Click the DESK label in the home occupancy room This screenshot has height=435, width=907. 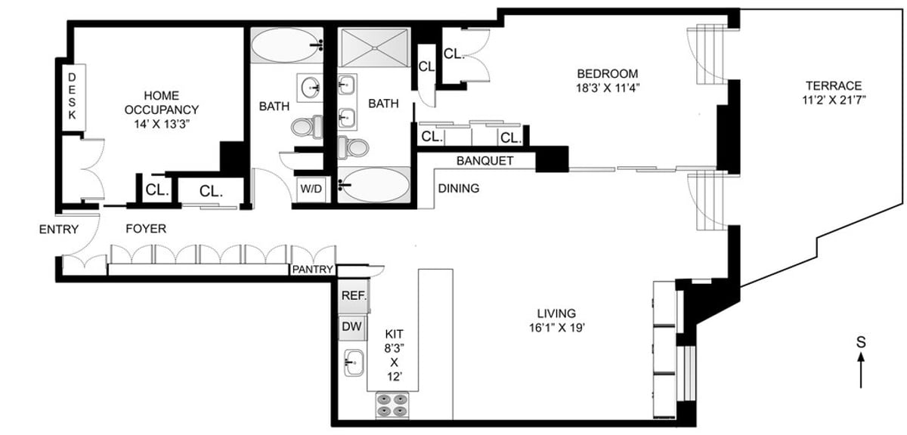(x=73, y=96)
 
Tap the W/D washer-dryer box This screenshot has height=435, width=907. (x=311, y=190)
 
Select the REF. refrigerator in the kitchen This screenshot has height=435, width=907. (x=353, y=297)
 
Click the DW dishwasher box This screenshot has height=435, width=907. (x=352, y=327)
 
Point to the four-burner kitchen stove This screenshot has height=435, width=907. (x=392, y=406)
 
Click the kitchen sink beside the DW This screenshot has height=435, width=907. (x=353, y=363)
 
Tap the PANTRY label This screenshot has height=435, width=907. (x=313, y=270)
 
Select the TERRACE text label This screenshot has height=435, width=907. (x=833, y=85)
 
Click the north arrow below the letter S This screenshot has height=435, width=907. (x=860, y=371)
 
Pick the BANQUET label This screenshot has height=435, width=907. (x=485, y=161)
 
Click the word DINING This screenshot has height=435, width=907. (x=459, y=188)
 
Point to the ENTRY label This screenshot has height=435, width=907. (x=58, y=229)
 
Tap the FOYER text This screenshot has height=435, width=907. (x=146, y=228)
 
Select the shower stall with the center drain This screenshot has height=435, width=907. (x=374, y=48)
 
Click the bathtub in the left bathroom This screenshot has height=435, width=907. (x=285, y=47)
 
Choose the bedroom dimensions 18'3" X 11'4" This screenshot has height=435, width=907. (x=607, y=88)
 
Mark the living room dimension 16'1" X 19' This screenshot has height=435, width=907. (x=556, y=327)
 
